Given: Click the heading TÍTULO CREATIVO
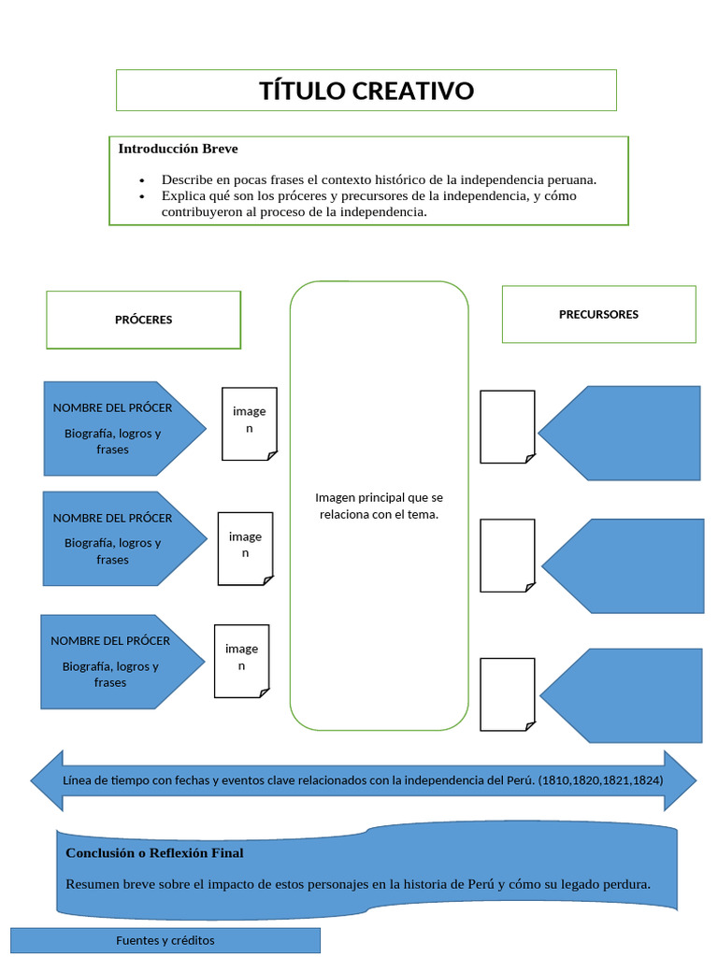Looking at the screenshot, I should coord(366,91).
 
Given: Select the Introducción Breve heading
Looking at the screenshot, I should coord(178,149).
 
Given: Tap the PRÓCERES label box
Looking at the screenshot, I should coord(143,320).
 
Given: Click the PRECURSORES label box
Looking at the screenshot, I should coord(598,314).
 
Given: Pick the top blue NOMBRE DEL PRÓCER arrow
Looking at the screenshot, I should coord(122,428).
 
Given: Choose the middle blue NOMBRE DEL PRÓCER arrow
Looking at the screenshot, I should coord(122,538).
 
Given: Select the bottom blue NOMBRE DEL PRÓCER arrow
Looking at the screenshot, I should coord(120,661).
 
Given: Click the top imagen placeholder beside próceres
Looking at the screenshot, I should coord(249,423).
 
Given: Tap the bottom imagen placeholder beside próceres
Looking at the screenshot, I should coord(241,661).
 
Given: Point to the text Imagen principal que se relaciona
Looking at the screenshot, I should coord(379,506).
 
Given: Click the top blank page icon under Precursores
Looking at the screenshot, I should coord(507,426).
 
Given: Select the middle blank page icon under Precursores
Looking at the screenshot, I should coord(507,555).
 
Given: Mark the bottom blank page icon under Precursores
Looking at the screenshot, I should coord(507,693).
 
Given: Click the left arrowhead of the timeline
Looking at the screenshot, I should coord(47,780).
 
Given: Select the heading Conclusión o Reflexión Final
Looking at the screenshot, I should coord(154,852).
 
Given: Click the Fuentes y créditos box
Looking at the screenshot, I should coord(165,940).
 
